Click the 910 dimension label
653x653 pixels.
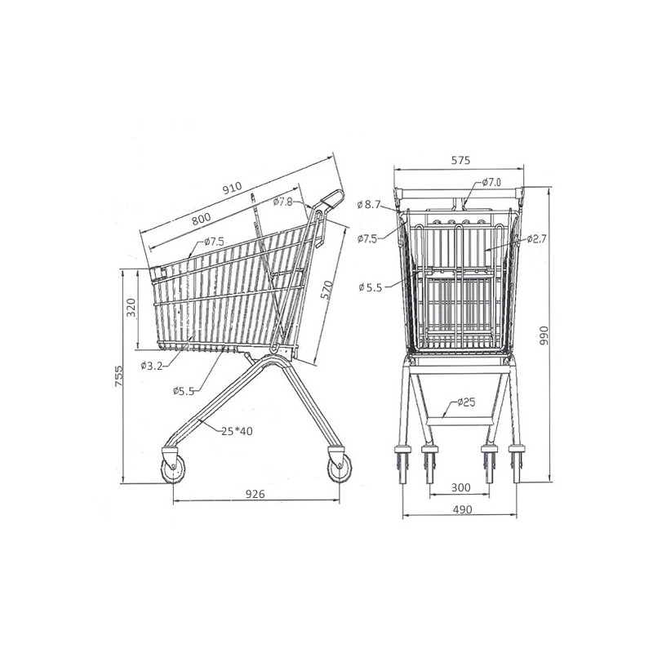[x=232, y=188]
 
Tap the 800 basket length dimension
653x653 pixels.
[x=201, y=218]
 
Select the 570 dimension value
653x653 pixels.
[x=327, y=290]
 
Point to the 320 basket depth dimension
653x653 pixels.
[x=131, y=308]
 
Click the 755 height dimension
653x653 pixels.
[x=119, y=376]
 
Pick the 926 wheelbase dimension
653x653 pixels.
[x=255, y=494]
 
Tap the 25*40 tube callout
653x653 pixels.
[x=237, y=431]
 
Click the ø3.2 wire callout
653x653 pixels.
[x=152, y=366]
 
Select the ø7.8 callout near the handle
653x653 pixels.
[x=283, y=202]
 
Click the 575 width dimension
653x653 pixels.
[x=460, y=160]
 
